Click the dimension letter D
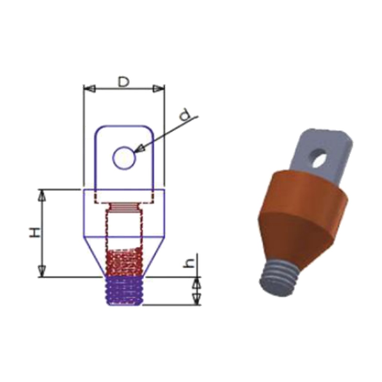pos(123,82)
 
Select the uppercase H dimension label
pos(34,232)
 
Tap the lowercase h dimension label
pos(189,263)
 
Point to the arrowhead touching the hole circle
pos(139,148)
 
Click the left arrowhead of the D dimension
pos(89,88)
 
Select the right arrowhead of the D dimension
pos(159,88)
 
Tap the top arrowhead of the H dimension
pos(42,195)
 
